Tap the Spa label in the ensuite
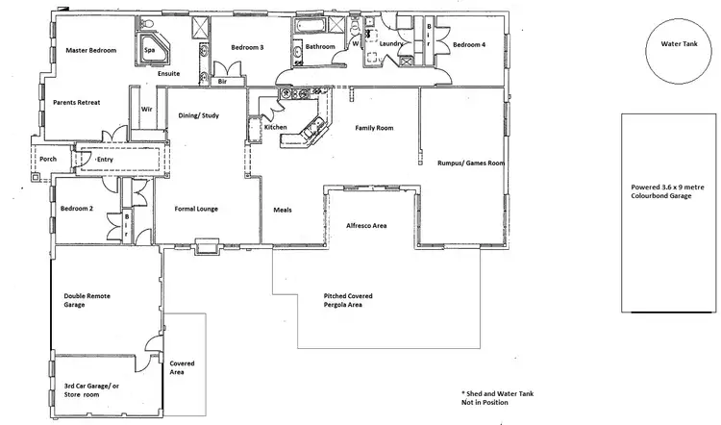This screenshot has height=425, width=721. point(149,50)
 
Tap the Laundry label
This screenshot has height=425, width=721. point(390,44)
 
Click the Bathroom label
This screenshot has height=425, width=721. point(320,47)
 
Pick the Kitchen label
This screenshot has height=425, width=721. point(276,127)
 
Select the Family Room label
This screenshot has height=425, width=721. point(374,128)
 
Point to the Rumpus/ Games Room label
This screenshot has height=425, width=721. point(470,163)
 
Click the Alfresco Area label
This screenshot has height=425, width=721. point(366,225)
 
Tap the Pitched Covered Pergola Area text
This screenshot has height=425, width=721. point(348,300)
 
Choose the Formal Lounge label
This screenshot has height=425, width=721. point(198,209)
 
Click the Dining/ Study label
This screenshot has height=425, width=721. point(198,116)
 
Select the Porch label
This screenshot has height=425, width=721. point(48,160)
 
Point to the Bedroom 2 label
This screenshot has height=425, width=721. point(76,209)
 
